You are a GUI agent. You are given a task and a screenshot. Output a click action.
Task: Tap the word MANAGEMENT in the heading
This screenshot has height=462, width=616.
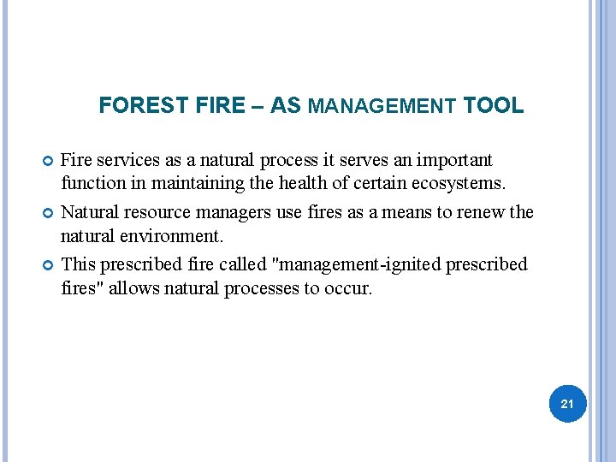click(x=382, y=107)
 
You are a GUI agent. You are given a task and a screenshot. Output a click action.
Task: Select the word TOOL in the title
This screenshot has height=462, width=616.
click(x=493, y=106)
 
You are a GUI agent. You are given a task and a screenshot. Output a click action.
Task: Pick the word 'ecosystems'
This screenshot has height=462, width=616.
click(x=464, y=183)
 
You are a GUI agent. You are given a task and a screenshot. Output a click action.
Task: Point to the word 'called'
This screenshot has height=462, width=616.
click(x=219, y=264)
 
